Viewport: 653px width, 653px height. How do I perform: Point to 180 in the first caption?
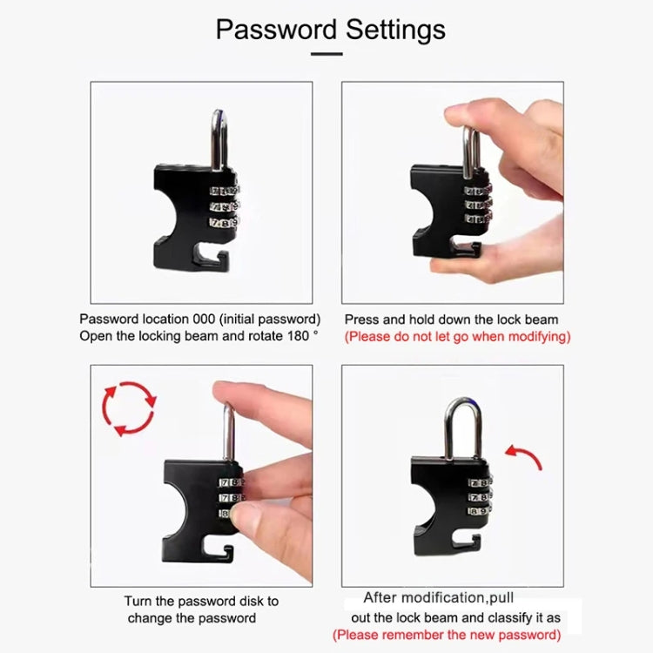tap(297, 336)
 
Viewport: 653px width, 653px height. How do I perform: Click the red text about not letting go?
tap(457, 336)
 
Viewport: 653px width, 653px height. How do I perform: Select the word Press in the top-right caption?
tap(360, 320)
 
